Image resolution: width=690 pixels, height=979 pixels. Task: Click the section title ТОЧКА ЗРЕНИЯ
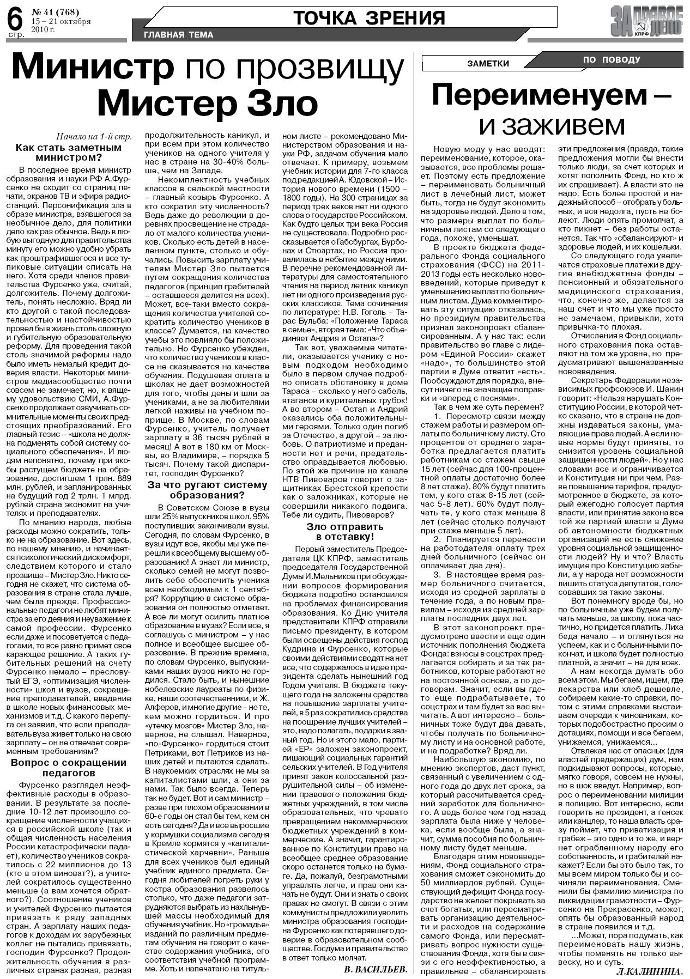click(x=369, y=19)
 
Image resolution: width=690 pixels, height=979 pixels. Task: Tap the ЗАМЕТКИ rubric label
click(x=488, y=64)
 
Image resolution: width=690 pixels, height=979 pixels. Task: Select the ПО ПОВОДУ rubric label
click(x=612, y=60)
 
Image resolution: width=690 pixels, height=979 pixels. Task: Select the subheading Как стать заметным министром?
click(x=69, y=152)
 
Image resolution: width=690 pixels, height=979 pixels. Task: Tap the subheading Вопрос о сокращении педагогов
click(x=69, y=767)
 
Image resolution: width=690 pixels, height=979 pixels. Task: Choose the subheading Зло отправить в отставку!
click(x=345, y=531)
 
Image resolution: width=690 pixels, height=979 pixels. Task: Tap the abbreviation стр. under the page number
click(x=15, y=35)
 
